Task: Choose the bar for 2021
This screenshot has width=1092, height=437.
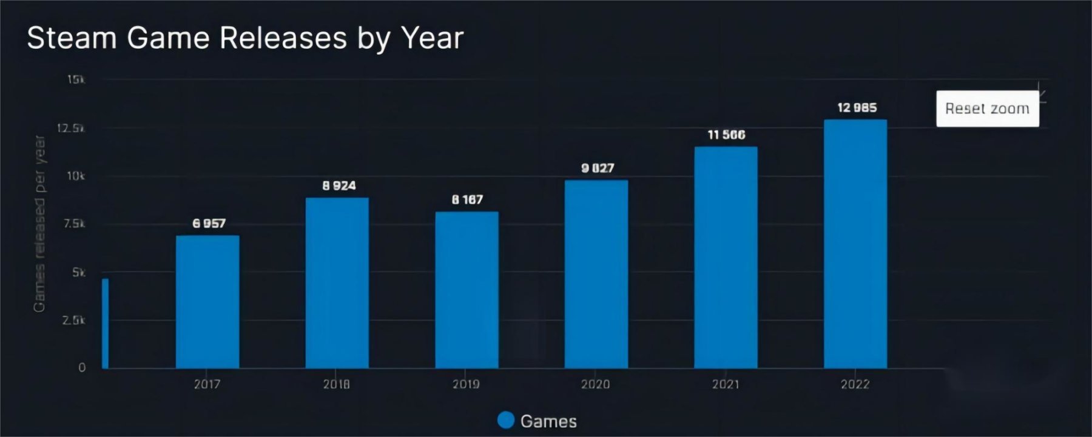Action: coord(726,258)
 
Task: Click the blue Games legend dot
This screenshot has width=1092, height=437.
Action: coord(505,420)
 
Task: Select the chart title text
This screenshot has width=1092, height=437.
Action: coord(245,38)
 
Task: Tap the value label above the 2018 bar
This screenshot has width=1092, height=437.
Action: coord(339,185)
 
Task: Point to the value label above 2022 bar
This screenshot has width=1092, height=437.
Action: coord(857,108)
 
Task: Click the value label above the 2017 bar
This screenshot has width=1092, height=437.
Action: coord(209,224)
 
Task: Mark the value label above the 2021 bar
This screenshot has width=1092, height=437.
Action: coord(726,135)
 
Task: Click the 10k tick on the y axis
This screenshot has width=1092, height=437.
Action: coord(76,176)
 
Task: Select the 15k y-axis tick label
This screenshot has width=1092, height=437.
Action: coord(76,79)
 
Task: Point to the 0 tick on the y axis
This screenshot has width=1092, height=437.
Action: coord(82,367)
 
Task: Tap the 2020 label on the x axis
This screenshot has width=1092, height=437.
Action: coord(595,384)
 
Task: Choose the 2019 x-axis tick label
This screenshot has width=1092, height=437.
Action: coord(466,384)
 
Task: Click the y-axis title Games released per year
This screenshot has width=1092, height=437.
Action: coord(39,224)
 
